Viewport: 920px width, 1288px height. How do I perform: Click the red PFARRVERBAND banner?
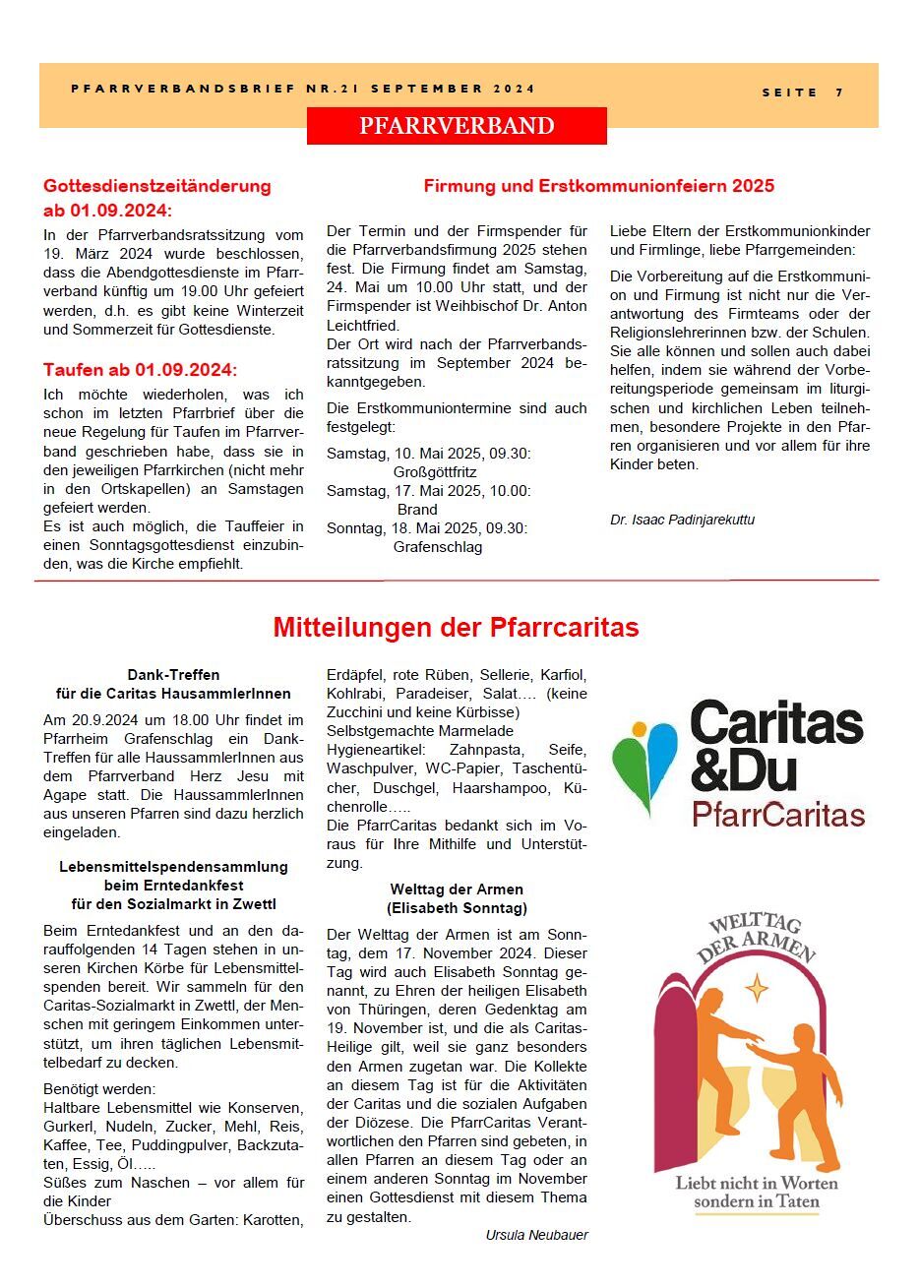click(x=457, y=126)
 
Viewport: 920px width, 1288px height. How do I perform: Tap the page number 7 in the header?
click(x=839, y=92)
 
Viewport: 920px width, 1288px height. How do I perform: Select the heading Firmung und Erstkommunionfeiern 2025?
click(x=598, y=186)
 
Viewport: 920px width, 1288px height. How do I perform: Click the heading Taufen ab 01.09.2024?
click(x=140, y=370)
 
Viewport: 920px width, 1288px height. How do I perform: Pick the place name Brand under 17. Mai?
click(x=417, y=510)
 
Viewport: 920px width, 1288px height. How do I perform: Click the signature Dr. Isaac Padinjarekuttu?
click(x=682, y=520)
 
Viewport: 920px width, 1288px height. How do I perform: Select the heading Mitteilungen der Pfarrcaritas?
click(x=456, y=628)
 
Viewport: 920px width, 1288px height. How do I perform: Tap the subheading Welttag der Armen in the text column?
click(x=457, y=889)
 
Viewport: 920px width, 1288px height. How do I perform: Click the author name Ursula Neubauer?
click(x=536, y=1235)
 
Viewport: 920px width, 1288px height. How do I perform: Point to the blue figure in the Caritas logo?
click(x=662, y=753)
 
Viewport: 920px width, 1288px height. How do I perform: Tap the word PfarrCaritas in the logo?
click(x=777, y=815)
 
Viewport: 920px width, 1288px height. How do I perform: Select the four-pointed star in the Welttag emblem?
click(x=756, y=986)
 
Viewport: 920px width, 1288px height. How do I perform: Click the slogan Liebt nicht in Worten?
click(x=756, y=1183)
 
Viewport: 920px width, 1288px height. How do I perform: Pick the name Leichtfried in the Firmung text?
click(x=362, y=326)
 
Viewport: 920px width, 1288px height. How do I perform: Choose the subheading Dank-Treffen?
click(x=173, y=675)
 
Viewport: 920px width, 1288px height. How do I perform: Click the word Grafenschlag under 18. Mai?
click(x=437, y=547)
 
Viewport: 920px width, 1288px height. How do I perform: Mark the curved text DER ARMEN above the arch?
click(x=756, y=946)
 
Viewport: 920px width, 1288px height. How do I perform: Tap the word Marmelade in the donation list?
click(x=480, y=731)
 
